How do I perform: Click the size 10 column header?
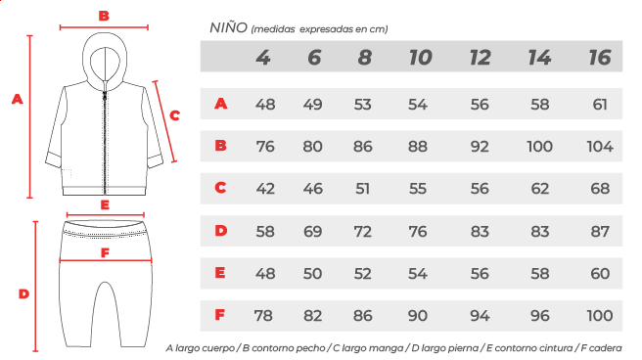coord(421,58)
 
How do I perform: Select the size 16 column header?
coord(600,58)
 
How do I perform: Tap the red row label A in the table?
coord(221,104)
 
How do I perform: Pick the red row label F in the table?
coord(220,315)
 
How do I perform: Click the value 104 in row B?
coord(600,147)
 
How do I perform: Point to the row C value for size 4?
coord(265,189)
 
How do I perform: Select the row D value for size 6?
coord(312,232)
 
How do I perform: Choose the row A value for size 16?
coord(600,105)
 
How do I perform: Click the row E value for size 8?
coord(362,273)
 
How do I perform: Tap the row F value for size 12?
coord(480,315)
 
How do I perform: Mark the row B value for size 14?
coord(539,147)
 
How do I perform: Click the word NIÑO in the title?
coord(228,27)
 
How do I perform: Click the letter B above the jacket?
coord(104,16)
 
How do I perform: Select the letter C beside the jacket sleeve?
coord(175,115)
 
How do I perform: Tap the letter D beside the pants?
coord(23,293)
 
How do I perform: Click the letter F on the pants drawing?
coord(106,252)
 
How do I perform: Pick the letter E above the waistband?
coord(105,204)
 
